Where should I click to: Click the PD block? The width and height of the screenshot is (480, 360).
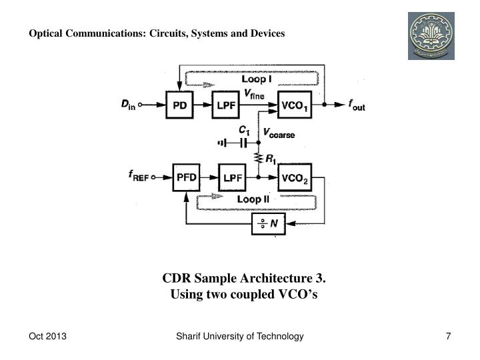[x=179, y=105]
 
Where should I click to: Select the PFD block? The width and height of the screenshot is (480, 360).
[x=187, y=177]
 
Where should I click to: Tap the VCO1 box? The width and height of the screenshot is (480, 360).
[x=295, y=105]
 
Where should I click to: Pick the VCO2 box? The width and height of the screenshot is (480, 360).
[x=295, y=177]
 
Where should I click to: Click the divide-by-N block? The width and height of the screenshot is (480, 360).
[x=269, y=224]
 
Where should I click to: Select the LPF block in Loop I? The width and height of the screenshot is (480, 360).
[x=225, y=105]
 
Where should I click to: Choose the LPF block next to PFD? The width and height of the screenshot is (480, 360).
[x=233, y=177]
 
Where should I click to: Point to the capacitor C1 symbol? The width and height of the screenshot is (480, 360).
[x=244, y=143]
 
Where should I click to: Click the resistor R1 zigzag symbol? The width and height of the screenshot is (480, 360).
[x=259, y=159]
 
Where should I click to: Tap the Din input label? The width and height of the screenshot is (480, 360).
[x=128, y=105]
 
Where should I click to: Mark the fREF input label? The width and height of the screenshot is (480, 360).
[x=139, y=176]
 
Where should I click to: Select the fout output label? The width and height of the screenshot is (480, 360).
[x=357, y=105]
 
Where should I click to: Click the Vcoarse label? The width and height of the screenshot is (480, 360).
[x=279, y=133]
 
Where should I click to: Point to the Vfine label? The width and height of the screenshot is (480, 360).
[x=254, y=94]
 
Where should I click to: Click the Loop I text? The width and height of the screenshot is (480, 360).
[x=257, y=79]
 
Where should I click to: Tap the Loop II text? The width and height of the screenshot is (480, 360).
[x=253, y=199]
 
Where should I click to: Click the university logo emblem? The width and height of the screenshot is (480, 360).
[x=431, y=36]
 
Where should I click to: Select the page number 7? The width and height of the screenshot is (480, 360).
[x=448, y=336]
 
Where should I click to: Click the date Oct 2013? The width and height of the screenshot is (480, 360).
[x=47, y=336]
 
